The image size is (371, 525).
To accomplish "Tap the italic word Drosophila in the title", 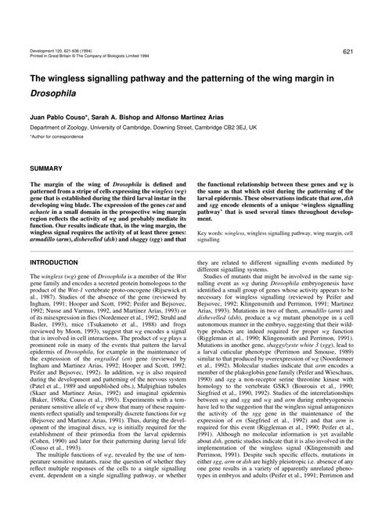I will tap(50, 92).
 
